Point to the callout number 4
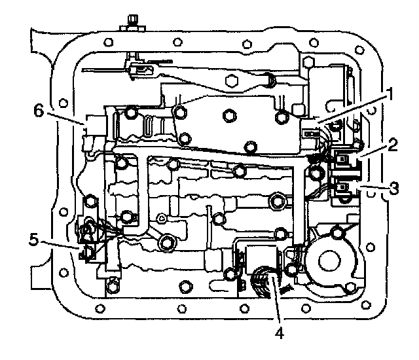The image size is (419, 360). click(x=279, y=333)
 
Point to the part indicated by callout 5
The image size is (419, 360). click(x=87, y=247)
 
